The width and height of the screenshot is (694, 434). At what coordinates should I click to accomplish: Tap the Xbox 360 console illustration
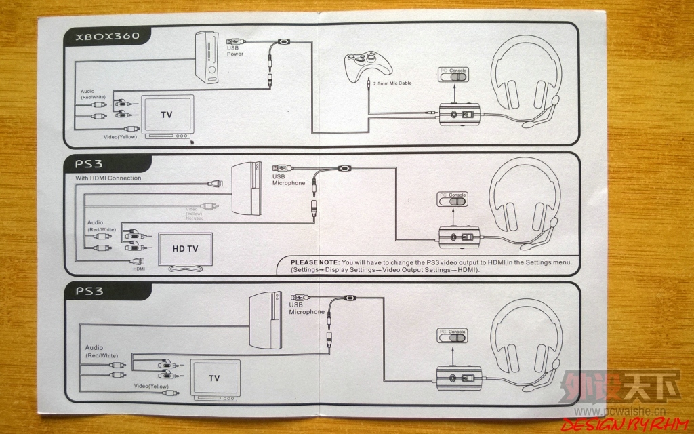tap(208, 58)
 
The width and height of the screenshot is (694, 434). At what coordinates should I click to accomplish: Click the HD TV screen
tap(185, 249)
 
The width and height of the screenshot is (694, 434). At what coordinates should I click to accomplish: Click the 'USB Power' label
tap(235, 51)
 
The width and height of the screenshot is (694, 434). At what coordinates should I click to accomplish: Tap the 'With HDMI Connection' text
tap(108, 178)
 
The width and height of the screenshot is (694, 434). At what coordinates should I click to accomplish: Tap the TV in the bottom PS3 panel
tap(214, 378)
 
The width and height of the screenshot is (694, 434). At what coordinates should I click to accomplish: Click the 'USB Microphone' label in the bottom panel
tap(306, 309)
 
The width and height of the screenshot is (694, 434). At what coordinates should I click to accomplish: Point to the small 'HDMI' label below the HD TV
tap(139, 269)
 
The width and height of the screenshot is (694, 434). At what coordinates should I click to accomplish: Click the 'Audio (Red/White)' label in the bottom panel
tap(101, 351)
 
